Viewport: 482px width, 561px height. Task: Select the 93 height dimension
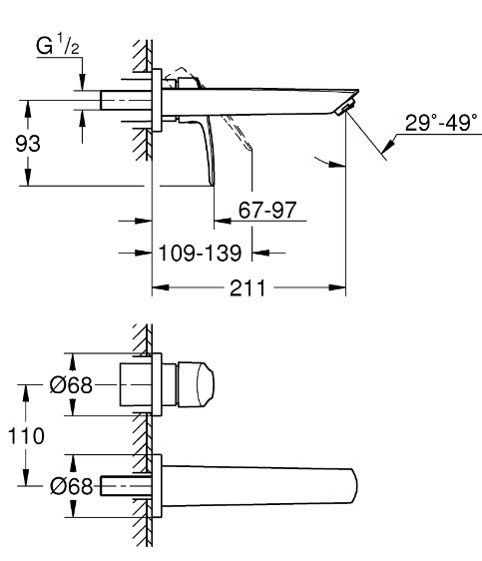[x=28, y=144]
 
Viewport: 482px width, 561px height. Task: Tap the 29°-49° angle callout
[x=441, y=123]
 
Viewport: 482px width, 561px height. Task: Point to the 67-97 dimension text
[x=267, y=210]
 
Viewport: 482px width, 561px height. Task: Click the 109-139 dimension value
[x=200, y=253]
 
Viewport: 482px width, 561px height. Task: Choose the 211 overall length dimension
[x=247, y=287]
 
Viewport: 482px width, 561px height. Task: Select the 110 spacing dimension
[x=26, y=436]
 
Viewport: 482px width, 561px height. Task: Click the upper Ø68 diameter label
[x=71, y=385]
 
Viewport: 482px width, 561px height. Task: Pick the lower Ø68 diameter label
[x=71, y=486]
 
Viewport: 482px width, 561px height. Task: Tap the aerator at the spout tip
[x=345, y=108]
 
